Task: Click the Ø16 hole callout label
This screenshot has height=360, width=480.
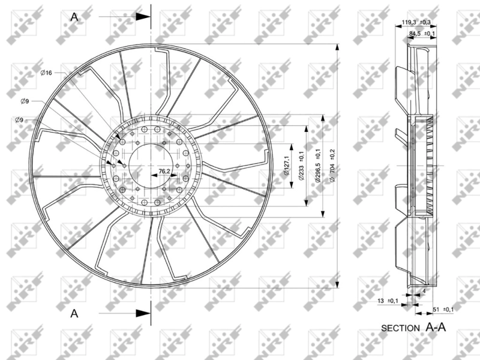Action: [x=46, y=73]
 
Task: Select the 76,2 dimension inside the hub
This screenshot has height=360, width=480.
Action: [x=164, y=171]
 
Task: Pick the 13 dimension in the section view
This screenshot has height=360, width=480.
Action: [x=382, y=301]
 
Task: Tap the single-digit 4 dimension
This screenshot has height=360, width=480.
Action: [x=424, y=291]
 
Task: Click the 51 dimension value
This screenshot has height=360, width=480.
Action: [x=436, y=309]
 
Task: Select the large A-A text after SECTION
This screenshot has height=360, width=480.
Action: [x=437, y=327]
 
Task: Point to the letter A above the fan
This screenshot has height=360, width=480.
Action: [x=74, y=17]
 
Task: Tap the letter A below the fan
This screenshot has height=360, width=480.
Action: [x=74, y=313]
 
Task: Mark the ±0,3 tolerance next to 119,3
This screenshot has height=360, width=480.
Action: [x=426, y=22]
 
